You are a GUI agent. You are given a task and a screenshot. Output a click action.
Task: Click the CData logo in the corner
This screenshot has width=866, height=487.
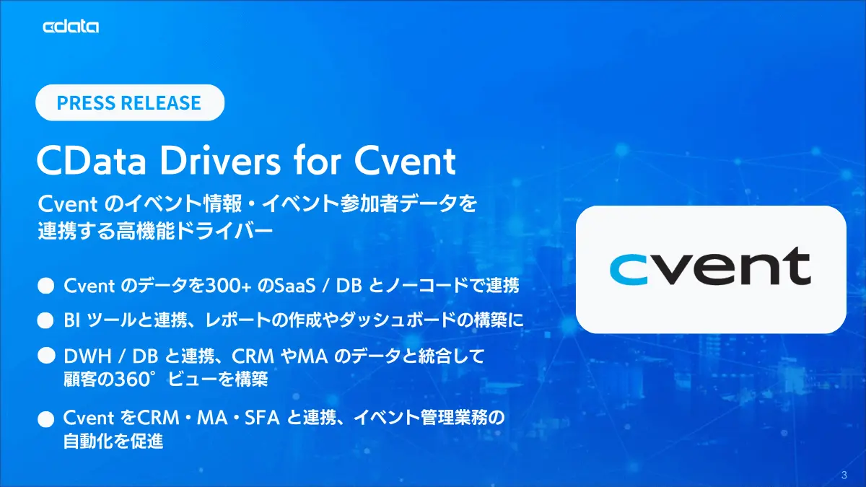(71, 27)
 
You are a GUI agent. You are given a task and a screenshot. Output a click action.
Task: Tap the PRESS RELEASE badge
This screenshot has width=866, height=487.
(130, 102)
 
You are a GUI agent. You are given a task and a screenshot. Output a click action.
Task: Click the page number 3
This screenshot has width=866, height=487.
(844, 475)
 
